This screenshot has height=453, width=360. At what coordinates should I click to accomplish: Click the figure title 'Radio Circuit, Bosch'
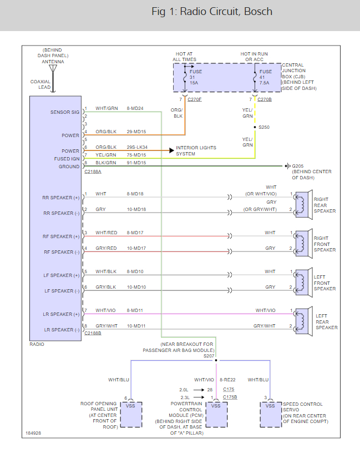pos(226,12)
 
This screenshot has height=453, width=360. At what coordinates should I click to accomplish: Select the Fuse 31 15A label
pos(195,77)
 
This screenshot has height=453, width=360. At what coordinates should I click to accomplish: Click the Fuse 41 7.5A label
pos(265,77)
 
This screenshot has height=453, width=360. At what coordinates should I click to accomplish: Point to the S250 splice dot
pos(255,127)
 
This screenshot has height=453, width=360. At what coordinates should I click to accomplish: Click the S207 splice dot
pos(216,360)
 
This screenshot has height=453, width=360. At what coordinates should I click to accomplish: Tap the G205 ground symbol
pos(287,166)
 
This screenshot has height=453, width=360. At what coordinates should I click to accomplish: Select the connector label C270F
pos(195,99)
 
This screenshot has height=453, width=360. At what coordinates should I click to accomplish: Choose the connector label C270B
pos(265,99)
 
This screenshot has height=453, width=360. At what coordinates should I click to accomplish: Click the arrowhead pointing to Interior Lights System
pos(171,150)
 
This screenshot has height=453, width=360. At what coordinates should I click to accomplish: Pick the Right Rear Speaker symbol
pos(303,205)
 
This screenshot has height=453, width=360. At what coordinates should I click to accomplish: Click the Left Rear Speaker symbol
pos(303,321)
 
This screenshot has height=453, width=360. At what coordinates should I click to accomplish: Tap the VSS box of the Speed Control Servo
pos(271,414)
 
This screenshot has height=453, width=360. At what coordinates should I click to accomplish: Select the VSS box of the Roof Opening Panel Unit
pos(131,414)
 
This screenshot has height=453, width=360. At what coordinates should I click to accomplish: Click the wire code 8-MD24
pos(135,108)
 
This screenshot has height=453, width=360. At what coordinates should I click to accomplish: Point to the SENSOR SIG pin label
pos(65,112)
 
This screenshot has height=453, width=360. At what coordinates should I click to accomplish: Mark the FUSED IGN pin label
pos(67,159)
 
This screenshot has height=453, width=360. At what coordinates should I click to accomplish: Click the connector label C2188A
pos(93,172)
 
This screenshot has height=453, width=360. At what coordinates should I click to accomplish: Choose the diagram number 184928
pos(33,433)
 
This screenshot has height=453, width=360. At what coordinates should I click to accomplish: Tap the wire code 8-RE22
pos(227,380)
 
